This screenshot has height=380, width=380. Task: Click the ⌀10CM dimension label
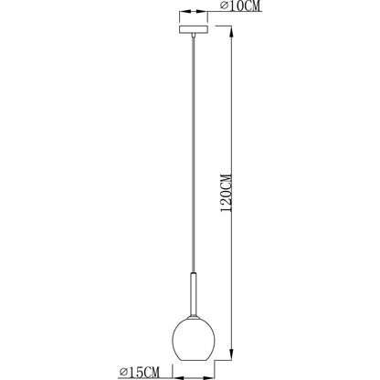(x=240, y=6)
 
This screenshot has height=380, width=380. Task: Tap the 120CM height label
(x=227, y=193)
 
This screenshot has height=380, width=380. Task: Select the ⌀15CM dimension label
(x=140, y=372)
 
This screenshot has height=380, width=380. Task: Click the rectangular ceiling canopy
(x=194, y=29)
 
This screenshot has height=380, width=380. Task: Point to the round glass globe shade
(x=194, y=340)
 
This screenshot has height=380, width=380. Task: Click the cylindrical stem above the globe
(x=194, y=295)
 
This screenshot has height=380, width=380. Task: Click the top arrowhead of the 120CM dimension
(x=232, y=33)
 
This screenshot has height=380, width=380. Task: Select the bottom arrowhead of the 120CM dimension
(x=232, y=354)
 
